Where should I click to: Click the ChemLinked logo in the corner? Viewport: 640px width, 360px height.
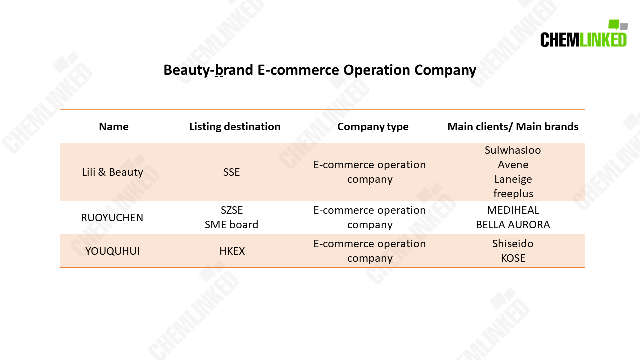point(583,34)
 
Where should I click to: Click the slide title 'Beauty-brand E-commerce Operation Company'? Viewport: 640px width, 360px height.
point(320,70)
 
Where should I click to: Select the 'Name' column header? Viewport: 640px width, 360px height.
point(113,127)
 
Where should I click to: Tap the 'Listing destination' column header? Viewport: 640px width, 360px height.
point(235,127)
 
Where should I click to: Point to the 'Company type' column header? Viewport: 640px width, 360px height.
point(373,127)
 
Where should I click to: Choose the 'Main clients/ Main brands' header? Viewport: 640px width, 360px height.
point(513,127)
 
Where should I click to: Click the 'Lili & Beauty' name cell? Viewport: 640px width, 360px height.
point(112,172)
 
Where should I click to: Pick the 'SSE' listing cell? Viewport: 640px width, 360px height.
point(231,172)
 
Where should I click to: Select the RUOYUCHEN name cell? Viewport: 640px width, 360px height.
point(112,218)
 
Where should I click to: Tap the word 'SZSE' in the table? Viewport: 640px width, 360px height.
point(232,210)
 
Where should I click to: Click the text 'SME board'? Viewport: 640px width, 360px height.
point(231,225)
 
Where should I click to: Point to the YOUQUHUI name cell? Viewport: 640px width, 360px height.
point(112,251)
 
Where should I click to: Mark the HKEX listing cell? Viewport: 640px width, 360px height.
point(232,251)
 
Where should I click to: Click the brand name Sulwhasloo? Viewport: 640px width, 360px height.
point(513,150)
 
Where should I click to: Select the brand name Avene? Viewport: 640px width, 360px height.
point(513,165)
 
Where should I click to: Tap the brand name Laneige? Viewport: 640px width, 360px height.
point(513,179)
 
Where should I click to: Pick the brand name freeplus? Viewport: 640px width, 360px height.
point(513,194)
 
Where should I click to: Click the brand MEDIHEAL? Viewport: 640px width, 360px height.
point(513,210)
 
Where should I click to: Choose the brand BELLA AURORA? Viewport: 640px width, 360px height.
point(513,225)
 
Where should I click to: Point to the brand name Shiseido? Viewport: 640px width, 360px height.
point(513,244)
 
